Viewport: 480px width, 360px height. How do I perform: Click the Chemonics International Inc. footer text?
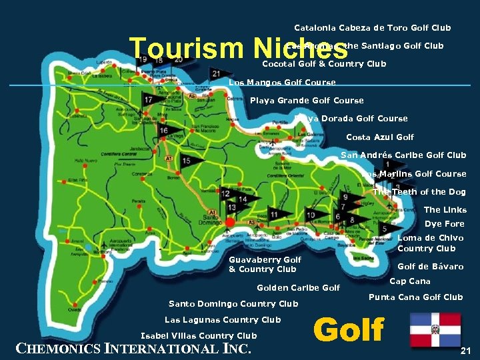coord(133,348)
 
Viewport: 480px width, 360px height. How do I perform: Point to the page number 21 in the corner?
coord(466,351)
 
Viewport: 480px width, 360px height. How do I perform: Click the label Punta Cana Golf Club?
coord(415,297)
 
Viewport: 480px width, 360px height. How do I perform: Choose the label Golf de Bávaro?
coord(431,267)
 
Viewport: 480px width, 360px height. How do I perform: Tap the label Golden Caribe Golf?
coord(299,288)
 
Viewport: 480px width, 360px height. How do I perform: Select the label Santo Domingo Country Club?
coord(233,304)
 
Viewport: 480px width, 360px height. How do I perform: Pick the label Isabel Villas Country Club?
coord(199,336)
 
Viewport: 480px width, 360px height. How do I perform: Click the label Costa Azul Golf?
coord(380,137)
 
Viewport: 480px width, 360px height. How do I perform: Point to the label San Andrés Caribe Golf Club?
coord(403,155)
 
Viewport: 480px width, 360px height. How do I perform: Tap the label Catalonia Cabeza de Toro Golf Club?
coord(373,28)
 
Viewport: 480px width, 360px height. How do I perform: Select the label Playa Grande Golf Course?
coord(307,101)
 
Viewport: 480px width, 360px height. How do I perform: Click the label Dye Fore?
coord(445,224)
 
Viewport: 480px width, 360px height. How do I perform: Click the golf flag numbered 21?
coord(217,73)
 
